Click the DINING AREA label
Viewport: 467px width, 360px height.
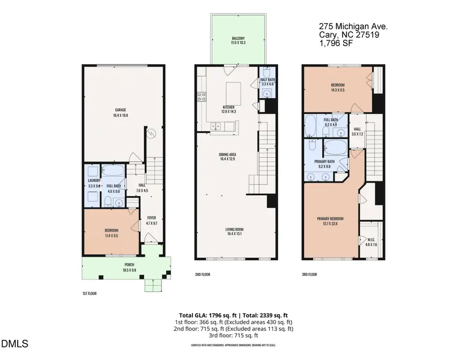(x=229, y=154)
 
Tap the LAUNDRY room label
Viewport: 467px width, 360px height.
(x=93, y=181)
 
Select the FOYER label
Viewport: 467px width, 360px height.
(x=151, y=218)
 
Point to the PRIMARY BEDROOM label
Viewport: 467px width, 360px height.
(x=330, y=218)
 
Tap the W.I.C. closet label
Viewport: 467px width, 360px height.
(x=371, y=240)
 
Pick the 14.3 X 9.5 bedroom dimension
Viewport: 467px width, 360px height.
(x=337, y=89)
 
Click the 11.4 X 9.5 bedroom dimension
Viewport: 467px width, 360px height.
(x=111, y=236)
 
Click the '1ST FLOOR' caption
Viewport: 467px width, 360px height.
(x=89, y=294)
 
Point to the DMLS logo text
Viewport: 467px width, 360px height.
(x=15, y=344)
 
